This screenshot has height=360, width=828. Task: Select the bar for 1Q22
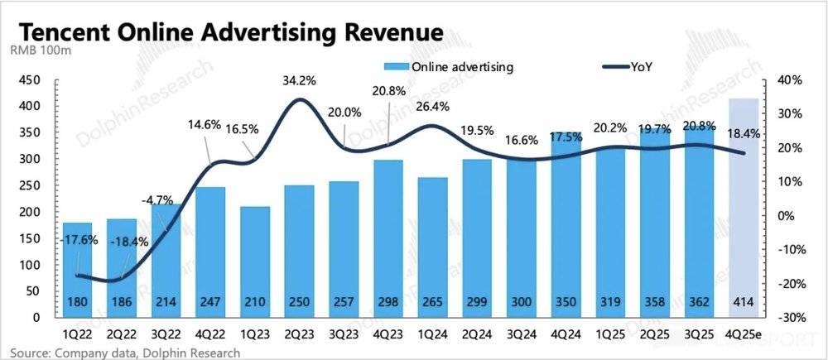coord(78,265)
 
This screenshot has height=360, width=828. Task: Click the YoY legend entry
coord(641,68)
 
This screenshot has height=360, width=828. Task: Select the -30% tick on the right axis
coord(790,318)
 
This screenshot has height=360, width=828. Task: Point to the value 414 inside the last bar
coord(743,303)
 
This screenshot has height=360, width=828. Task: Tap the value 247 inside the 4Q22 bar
coord(212,303)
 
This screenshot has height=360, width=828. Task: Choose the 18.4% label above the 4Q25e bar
coord(743,132)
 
